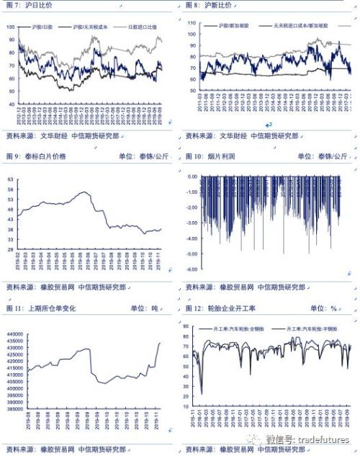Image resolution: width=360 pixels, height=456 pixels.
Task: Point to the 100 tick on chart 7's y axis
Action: (x=11, y=27)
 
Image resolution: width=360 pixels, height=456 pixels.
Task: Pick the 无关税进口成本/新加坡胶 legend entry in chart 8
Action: (x=303, y=25)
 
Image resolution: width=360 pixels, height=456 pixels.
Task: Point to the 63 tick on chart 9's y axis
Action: (x=11, y=179)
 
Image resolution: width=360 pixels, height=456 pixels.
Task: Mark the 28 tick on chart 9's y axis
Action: (x=11, y=249)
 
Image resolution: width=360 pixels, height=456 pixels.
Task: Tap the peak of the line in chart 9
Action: (x=84, y=192)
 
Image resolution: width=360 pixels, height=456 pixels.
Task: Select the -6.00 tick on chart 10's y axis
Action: (x=192, y=269)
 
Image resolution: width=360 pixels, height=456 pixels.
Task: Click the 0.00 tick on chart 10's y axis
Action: (x=192, y=176)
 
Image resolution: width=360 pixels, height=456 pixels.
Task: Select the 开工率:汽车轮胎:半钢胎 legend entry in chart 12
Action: (x=318, y=328)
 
